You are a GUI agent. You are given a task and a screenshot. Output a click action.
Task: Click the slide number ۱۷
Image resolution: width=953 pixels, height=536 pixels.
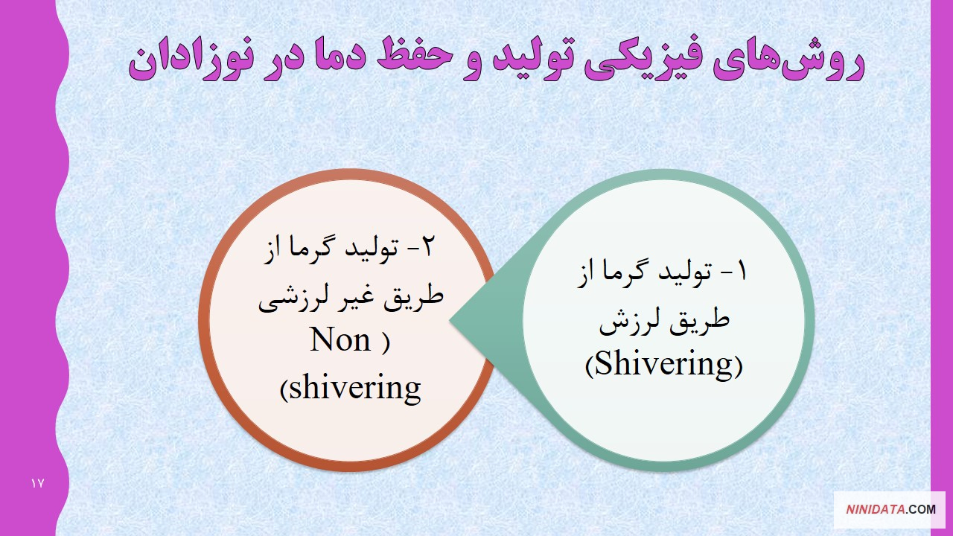[x=37, y=483]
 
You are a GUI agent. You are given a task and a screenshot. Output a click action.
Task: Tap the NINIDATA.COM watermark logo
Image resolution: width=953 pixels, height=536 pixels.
[x=890, y=509]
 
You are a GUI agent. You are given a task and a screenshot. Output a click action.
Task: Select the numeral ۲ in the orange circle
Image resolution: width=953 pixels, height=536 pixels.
[x=427, y=246]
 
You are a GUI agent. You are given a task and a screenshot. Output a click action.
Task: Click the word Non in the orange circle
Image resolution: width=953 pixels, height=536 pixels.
[x=340, y=340]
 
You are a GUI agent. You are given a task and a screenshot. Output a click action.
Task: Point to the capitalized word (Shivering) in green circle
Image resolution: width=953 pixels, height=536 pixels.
[x=663, y=364]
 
